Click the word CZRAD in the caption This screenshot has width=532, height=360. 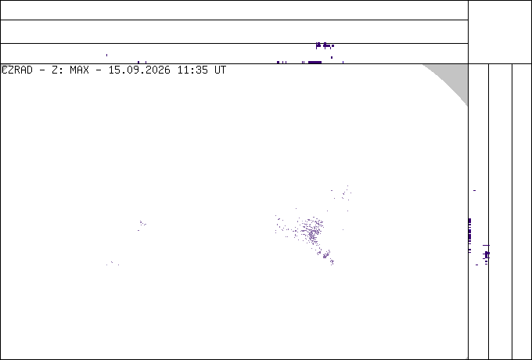coord(17,70)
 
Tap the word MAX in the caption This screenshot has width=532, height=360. coord(79,70)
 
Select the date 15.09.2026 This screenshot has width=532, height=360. coord(139,70)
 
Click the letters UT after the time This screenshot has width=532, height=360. coord(220,70)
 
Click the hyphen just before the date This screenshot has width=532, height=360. coord(99,70)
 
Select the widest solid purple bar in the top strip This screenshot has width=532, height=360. coord(315,63)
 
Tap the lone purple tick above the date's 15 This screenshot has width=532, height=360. coord(107,55)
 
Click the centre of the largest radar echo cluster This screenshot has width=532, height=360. coord(311,232)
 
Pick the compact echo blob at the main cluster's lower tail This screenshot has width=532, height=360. coord(326,254)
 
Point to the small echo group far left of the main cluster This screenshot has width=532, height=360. coord(142,225)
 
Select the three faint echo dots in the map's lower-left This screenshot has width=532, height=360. coord(113,263)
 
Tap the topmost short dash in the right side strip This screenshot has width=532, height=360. coord(474,190)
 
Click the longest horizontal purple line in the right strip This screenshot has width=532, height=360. coord(486,245)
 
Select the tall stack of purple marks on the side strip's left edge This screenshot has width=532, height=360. coord(469,235)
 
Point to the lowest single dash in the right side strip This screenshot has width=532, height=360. coord(476,265)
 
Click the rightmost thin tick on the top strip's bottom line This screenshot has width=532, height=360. coord(343,63)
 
